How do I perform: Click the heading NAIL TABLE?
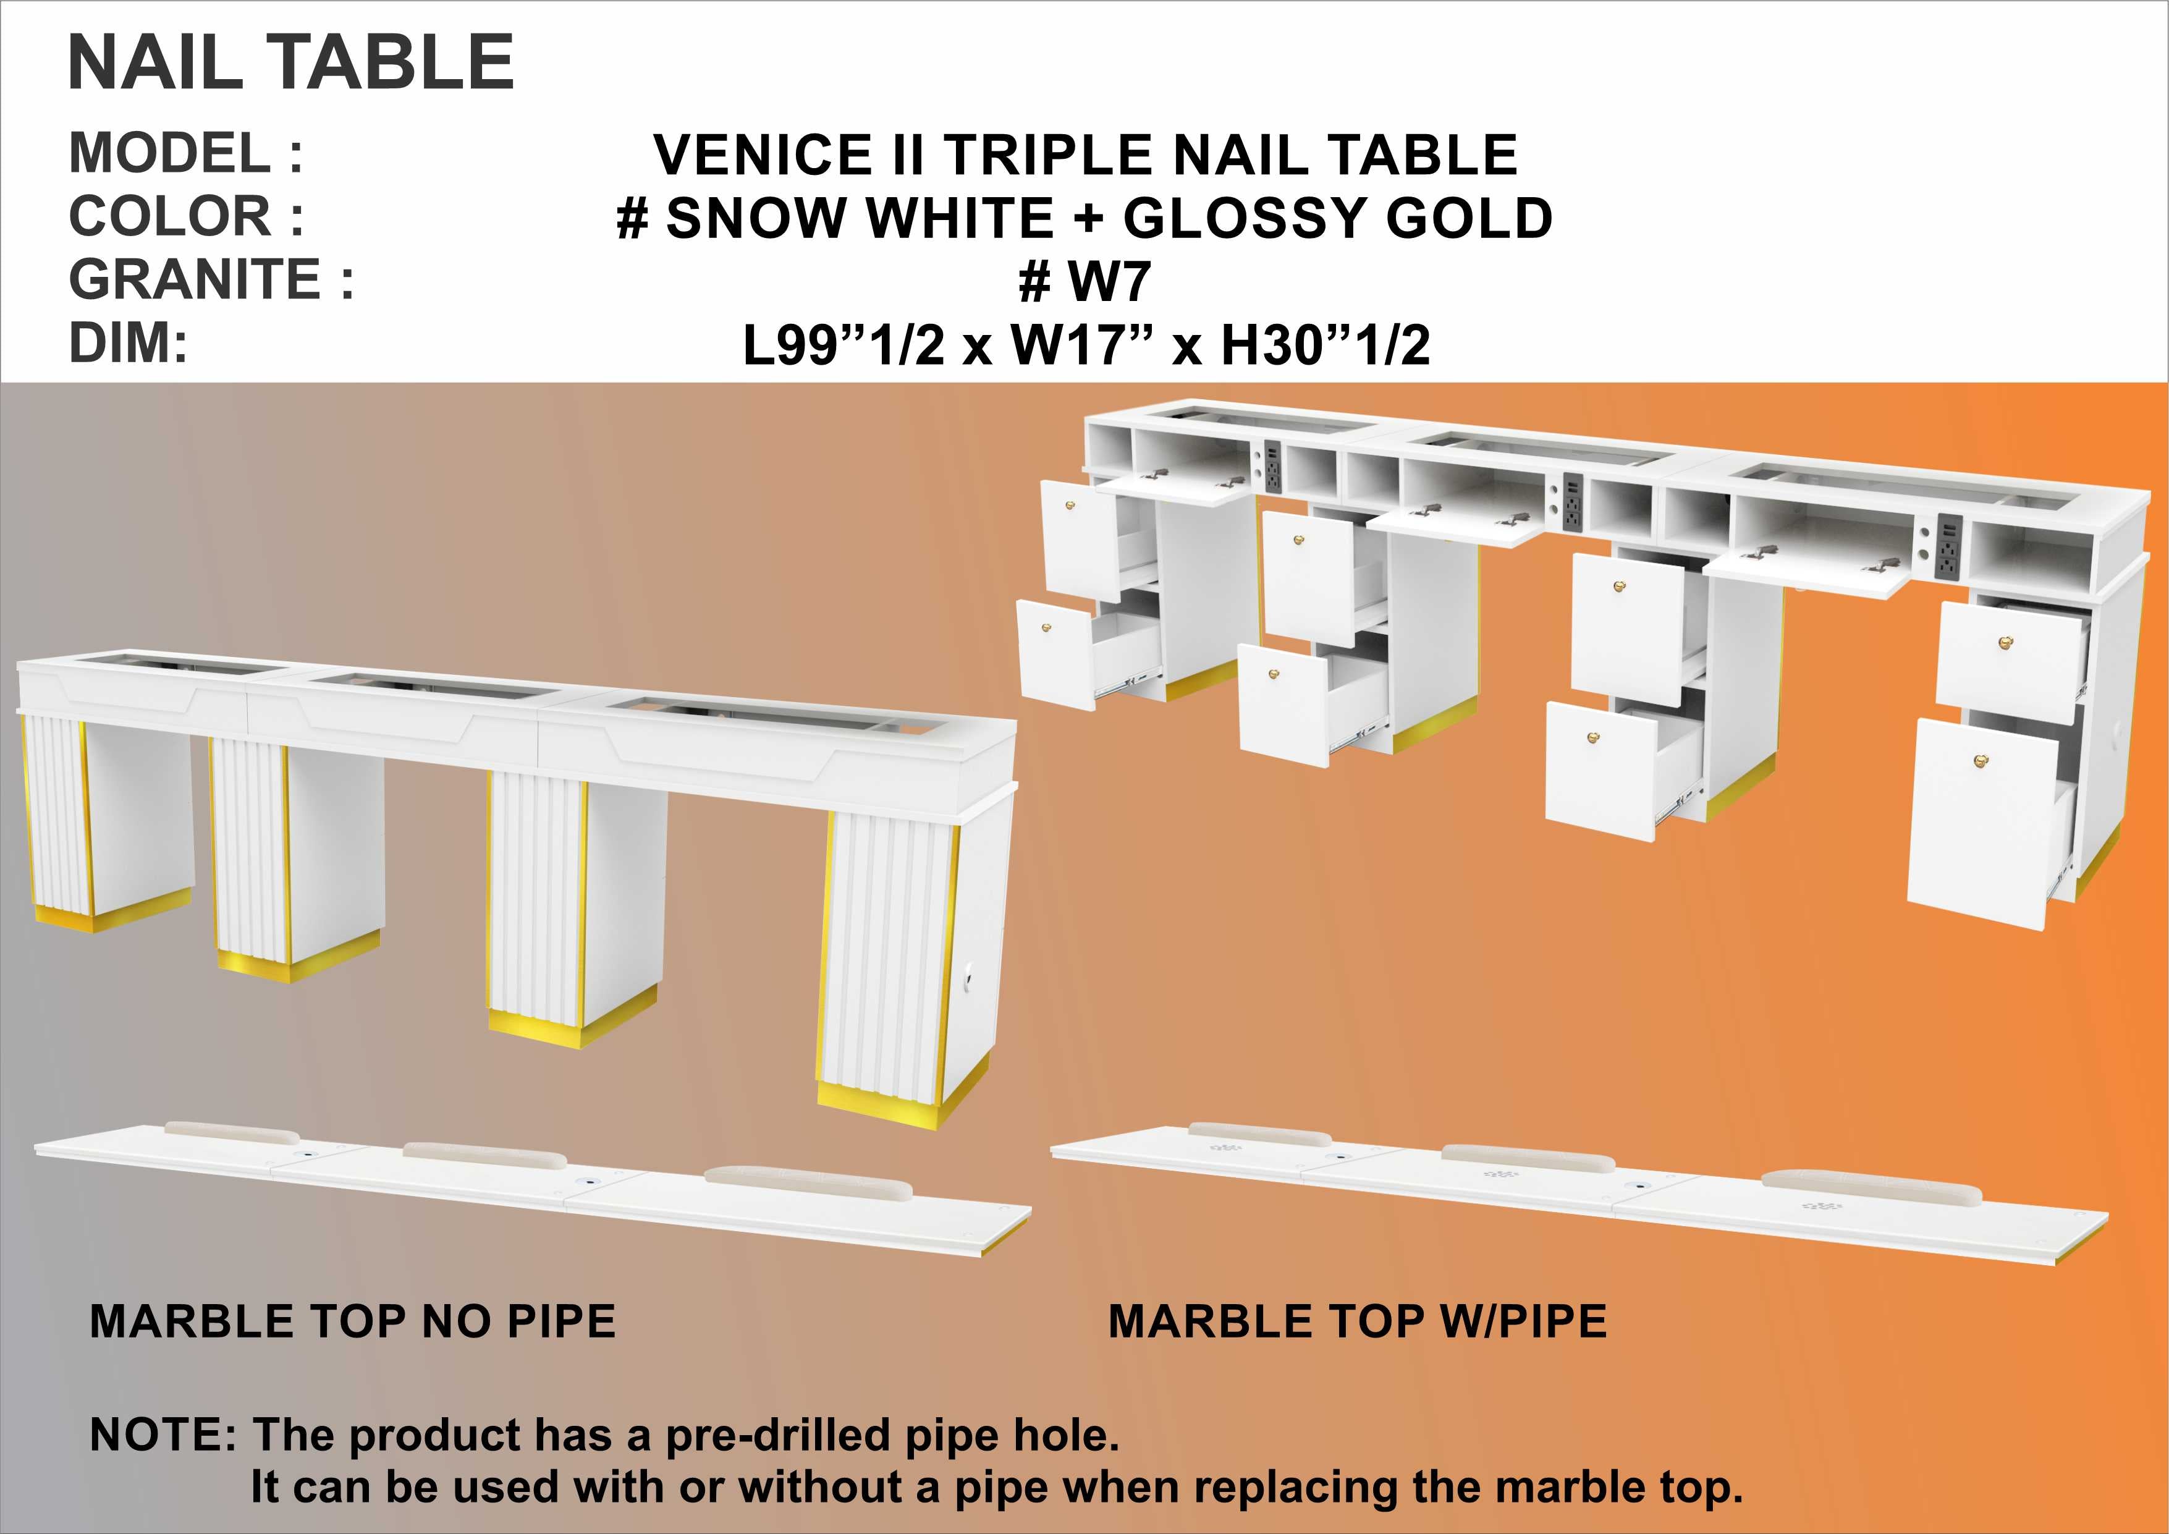click(x=291, y=62)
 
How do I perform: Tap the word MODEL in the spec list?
click(x=170, y=153)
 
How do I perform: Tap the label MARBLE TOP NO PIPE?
click(x=352, y=1321)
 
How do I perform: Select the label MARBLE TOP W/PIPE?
click(x=1358, y=1321)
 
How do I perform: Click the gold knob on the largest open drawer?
click(x=1980, y=758)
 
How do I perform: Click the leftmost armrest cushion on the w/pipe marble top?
click(x=1253, y=1135)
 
